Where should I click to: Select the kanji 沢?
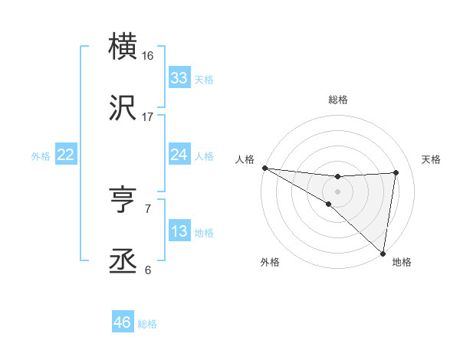(x=123, y=110)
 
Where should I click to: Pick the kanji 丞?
(x=123, y=263)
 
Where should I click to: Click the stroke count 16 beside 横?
(x=148, y=55)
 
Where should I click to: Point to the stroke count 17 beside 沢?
(x=148, y=117)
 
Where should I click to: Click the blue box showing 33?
(x=179, y=78)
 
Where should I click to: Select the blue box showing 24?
(x=179, y=155)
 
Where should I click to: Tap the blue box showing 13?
(x=179, y=231)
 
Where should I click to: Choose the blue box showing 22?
(x=65, y=155)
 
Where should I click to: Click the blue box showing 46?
(x=123, y=322)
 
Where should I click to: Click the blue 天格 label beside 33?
(x=204, y=80)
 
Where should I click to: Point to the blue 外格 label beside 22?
(x=41, y=156)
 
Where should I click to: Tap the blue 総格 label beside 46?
(x=148, y=324)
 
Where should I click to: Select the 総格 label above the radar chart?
(x=338, y=100)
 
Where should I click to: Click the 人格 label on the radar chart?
(x=245, y=159)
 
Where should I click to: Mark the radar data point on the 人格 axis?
(x=264, y=168)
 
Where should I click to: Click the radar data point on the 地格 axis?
(x=383, y=253)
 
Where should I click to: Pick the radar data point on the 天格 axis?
(x=396, y=172)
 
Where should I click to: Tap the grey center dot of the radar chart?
(x=338, y=191)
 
